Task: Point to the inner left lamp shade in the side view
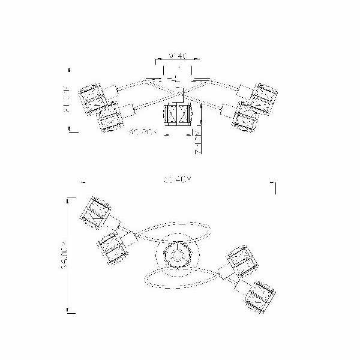110,118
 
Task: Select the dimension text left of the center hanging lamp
142,132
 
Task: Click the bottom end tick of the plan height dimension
71,310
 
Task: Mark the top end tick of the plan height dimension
71,197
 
